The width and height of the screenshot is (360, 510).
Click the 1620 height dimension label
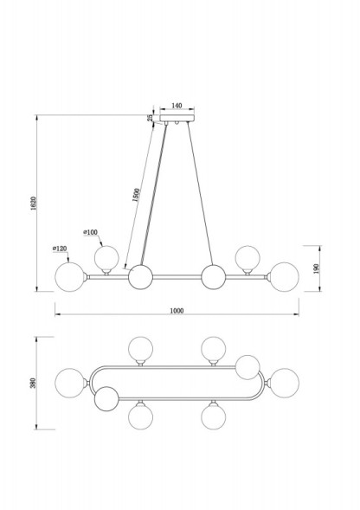pos(34,203)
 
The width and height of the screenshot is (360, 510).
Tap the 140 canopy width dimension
pos(177,106)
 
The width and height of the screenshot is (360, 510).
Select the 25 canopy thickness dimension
pos(151,118)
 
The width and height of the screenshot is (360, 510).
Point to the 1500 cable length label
pos(136,195)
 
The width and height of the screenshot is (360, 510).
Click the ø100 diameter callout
pos(90,232)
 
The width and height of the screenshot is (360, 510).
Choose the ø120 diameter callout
pos(60,249)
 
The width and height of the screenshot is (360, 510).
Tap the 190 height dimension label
pos(317,268)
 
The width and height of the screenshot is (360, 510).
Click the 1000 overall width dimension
pos(177,311)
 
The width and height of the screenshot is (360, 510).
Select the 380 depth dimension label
pos(33,384)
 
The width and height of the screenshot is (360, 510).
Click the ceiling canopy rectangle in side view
pos(177,118)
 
